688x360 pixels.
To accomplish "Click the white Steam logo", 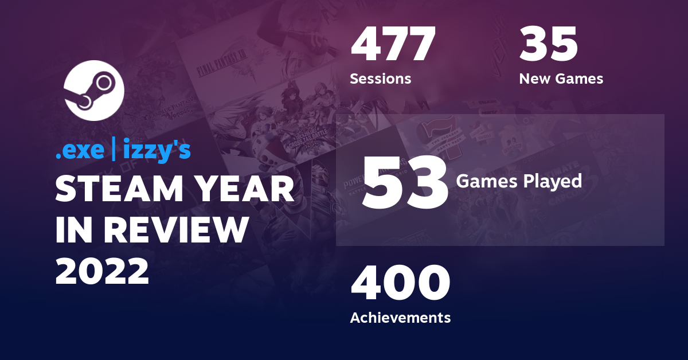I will (x=93, y=90).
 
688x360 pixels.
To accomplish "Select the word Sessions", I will (x=380, y=79).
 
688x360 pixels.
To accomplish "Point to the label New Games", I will (x=561, y=79).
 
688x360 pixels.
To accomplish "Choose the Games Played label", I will (x=519, y=182).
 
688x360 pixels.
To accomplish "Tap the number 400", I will (x=400, y=284).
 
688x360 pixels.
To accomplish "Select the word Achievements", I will (x=400, y=317).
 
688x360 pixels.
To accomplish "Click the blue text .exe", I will (x=79, y=150).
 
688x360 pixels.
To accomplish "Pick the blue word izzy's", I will (x=157, y=151).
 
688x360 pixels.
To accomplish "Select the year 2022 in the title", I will (x=102, y=270).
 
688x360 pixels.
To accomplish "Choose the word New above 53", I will (x=533, y=79).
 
